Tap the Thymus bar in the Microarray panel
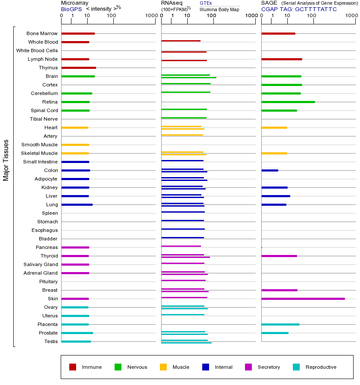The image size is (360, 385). (79, 68)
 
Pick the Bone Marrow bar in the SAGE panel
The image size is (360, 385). (278, 33)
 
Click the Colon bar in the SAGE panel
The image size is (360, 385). (269, 170)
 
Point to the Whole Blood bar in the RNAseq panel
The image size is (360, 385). (181, 41)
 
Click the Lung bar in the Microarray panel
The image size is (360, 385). (77, 204)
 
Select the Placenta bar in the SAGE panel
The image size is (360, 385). (280, 324)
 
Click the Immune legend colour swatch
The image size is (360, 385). (73, 367)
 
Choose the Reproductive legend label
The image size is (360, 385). (321, 367)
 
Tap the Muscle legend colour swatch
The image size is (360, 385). (163, 367)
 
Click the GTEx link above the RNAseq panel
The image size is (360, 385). (206, 3)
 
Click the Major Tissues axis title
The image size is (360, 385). (6, 160)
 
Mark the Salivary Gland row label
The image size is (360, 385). (41, 264)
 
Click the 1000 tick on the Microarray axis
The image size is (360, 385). (150, 16)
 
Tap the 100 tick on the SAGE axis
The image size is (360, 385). (312, 16)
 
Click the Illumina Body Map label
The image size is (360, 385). (219, 9)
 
